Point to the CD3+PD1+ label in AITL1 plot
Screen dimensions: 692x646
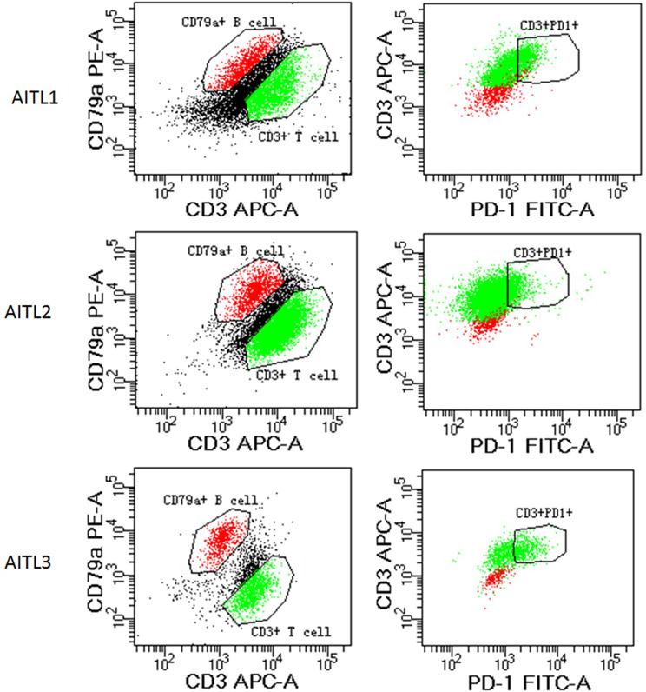[x=549, y=25]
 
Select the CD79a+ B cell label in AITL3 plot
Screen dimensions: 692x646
[x=213, y=500]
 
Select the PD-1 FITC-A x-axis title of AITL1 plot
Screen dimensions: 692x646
[x=523, y=207]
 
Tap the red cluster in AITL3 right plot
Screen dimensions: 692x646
[x=495, y=576]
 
